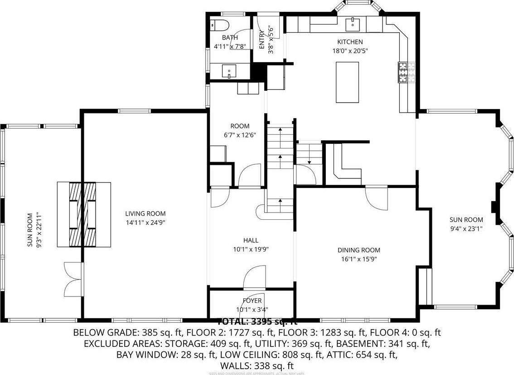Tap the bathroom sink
(229, 71)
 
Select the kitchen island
(347, 82)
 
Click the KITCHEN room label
(349, 42)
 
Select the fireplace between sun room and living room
(83, 214)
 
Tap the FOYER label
(252, 301)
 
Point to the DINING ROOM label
(359, 250)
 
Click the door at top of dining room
(376, 197)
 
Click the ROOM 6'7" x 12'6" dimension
(240, 135)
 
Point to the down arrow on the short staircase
(309, 158)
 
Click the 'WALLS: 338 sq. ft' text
(257, 365)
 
